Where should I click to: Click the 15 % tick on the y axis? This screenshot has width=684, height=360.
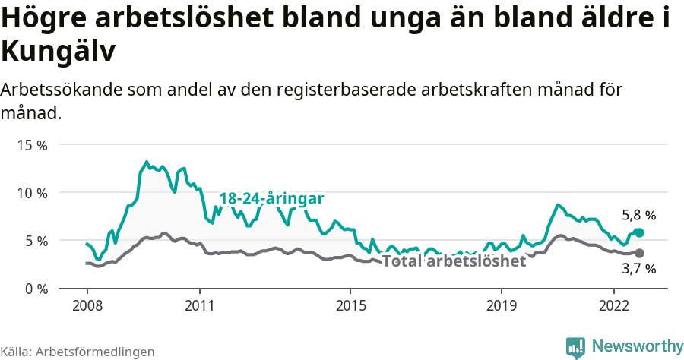click(x=31, y=144)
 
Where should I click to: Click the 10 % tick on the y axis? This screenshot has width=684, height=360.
click(x=31, y=192)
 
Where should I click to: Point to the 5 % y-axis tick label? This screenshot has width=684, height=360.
click(x=35, y=240)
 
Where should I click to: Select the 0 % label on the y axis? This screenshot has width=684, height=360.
click(x=35, y=289)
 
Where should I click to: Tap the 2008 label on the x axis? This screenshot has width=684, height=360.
click(x=87, y=305)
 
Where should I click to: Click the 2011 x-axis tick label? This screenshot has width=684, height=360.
click(x=199, y=305)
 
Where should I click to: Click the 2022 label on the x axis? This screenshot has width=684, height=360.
click(x=614, y=305)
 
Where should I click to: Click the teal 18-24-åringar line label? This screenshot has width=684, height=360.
click(x=272, y=199)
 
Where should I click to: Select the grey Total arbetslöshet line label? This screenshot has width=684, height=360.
click(x=454, y=261)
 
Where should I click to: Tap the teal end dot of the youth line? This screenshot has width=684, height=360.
click(x=639, y=232)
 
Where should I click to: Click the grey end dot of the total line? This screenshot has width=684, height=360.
click(x=639, y=253)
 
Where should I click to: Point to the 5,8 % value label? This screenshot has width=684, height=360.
click(x=638, y=216)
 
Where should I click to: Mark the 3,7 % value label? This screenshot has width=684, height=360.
click(x=638, y=269)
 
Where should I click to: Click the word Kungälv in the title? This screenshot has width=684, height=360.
click(x=59, y=52)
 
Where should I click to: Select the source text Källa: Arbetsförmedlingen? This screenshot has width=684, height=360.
click(x=78, y=352)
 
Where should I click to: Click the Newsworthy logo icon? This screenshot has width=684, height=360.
click(x=575, y=347)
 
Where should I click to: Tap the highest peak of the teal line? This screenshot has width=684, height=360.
click(x=147, y=162)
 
